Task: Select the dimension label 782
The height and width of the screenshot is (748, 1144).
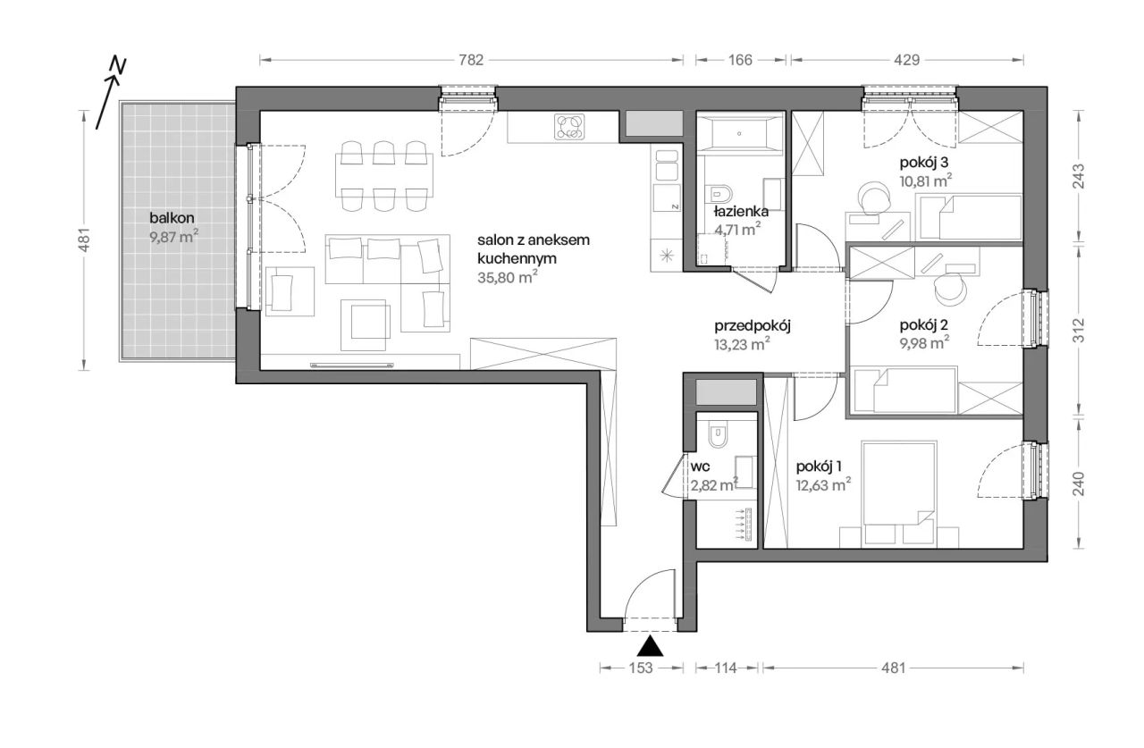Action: (x=470, y=60)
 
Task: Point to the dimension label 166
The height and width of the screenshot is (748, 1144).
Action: (x=740, y=60)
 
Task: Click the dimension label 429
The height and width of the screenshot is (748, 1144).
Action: (x=906, y=60)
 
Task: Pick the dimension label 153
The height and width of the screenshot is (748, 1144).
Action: (x=641, y=668)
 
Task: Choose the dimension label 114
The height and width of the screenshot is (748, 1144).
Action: (x=725, y=668)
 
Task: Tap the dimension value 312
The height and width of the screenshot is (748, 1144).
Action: (x=1078, y=331)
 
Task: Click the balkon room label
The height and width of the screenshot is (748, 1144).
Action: (x=172, y=218)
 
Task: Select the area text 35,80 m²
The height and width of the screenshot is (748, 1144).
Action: (x=507, y=277)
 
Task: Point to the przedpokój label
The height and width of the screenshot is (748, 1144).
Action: (x=753, y=326)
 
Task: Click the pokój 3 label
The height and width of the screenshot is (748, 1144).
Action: (x=924, y=163)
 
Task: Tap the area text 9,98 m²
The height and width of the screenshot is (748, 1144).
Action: (x=924, y=342)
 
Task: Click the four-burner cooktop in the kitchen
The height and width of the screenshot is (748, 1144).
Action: (x=569, y=127)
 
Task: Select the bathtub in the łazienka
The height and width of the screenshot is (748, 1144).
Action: (x=739, y=134)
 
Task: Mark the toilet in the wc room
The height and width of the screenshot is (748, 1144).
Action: (x=718, y=435)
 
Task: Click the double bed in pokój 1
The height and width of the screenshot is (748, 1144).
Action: (x=899, y=483)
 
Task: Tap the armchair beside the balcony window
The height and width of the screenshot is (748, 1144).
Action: (x=289, y=291)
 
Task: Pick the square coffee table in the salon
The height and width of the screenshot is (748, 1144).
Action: (x=363, y=325)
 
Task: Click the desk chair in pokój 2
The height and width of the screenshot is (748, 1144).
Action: (x=950, y=289)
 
